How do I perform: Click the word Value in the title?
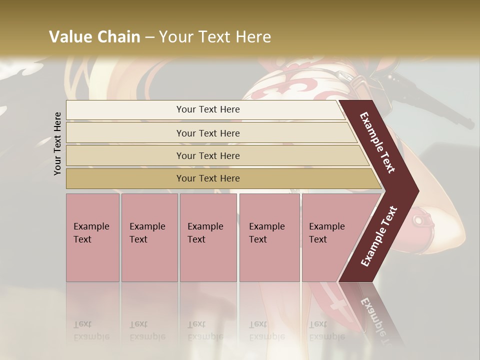coord(69,37)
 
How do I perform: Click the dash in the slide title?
coord(149,37)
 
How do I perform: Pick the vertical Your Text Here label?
coord(57,143)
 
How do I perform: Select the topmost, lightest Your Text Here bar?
coord(207,109)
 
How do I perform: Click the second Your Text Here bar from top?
coord(207,133)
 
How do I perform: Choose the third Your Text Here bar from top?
coord(207,155)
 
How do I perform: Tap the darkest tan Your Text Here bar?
coord(207,178)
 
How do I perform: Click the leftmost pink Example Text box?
coord(92,237)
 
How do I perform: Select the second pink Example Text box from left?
coord(149,237)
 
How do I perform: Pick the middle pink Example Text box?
coord(208,237)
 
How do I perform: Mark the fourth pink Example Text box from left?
coord(269,237)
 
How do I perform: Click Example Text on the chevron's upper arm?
coord(377,142)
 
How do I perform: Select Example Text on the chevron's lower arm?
coord(379,236)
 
